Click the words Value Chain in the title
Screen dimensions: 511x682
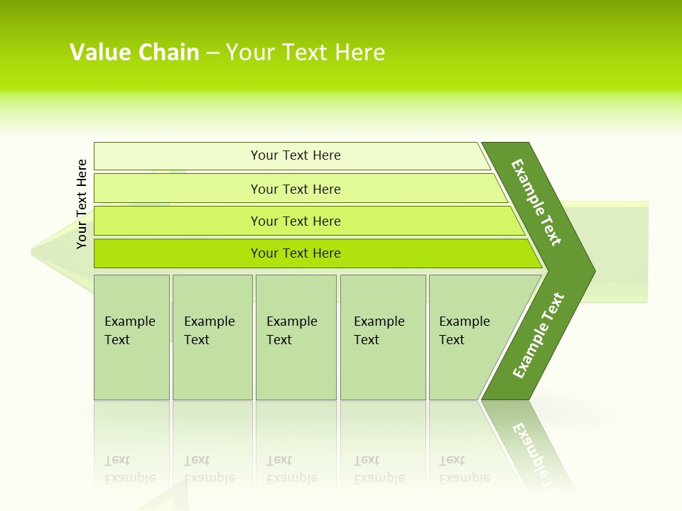pos(134,53)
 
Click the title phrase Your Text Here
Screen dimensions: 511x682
pos(305,53)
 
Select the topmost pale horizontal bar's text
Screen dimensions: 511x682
pos(296,155)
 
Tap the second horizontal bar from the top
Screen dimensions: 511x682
pos(296,189)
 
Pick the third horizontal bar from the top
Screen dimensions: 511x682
pos(296,221)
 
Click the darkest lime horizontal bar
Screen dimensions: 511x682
pos(296,253)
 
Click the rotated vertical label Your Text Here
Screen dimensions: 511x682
pos(82,204)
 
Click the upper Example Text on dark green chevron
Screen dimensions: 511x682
pos(536,202)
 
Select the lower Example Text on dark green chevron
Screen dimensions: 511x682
pos(538,335)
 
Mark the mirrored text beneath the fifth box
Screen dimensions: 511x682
pos(465,469)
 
